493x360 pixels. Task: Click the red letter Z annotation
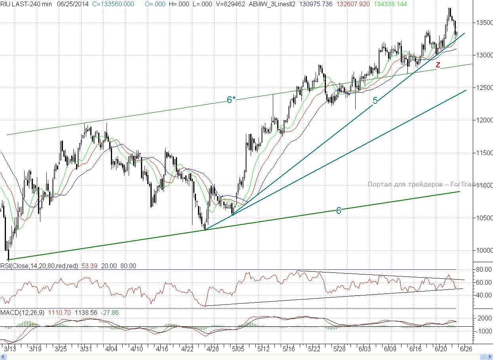tap(438, 65)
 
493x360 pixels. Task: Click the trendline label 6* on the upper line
tap(231, 100)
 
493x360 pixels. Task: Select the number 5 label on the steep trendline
tap(375, 101)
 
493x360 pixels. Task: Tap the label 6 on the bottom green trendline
tap(339, 211)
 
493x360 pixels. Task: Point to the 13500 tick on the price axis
tap(483, 23)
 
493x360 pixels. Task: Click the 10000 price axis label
tap(483, 250)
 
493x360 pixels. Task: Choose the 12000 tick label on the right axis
tap(483, 120)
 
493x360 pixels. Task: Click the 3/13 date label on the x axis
tap(10, 349)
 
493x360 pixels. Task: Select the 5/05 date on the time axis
tap(237, 349)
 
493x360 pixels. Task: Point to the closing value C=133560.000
tap(113, 4)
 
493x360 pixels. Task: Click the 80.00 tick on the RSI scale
tap(483, 270)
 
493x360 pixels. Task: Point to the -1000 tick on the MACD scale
tap(483, 331)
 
